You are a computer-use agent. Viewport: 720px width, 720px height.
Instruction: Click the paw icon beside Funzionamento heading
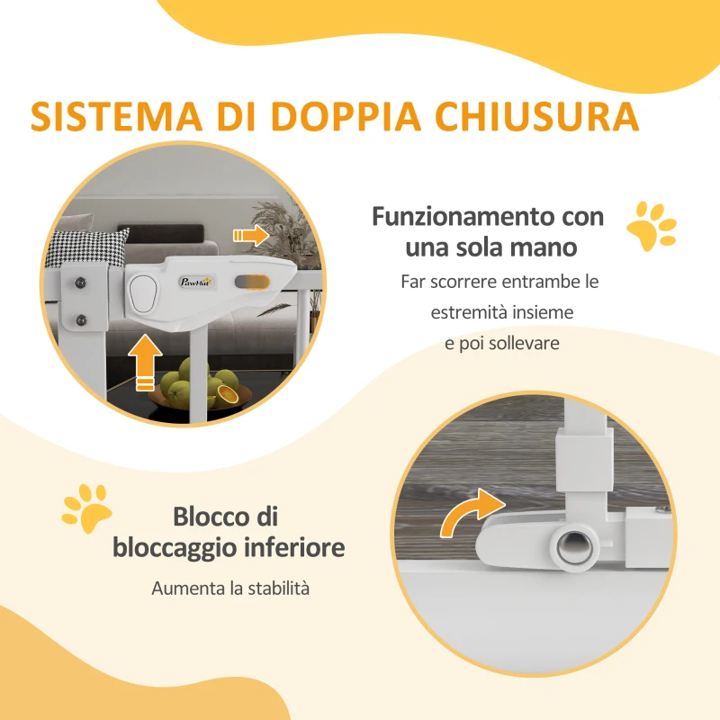(652, 226)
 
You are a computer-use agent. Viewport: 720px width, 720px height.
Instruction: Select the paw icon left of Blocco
(86, 509)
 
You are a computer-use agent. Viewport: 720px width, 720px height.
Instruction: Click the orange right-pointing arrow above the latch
(251, 236)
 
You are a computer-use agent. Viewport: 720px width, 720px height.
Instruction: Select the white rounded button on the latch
(143, 291)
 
